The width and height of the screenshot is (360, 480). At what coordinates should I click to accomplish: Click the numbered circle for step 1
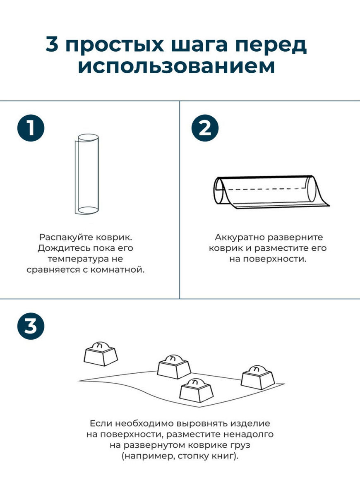[x=31, y=127]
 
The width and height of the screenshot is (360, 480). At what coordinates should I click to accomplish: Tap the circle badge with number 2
[x=205, y=127]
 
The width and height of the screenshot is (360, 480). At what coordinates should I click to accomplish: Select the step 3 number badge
[x=31, y=325]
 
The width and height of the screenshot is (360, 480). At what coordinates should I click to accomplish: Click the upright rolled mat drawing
[x=87, y=174]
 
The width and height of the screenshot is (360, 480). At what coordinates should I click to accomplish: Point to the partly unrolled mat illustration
[x=271, y=192]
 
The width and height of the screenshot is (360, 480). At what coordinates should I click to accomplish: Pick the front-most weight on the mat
[x=196, y=390]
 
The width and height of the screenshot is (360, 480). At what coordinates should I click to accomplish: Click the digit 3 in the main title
[x=52, y=44]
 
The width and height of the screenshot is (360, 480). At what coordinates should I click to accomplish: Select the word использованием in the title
[x=176, y=67]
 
